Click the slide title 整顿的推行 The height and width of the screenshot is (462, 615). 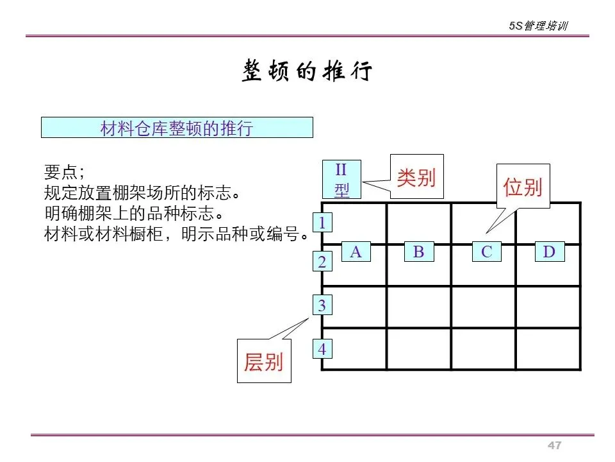point(307,71)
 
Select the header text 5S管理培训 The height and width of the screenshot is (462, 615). point(538,26)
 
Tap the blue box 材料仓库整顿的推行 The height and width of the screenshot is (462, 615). point(177,128)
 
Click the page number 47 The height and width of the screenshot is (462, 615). point(554,446)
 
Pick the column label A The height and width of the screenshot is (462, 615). point(356,252)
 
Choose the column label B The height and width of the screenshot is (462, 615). point(418,252)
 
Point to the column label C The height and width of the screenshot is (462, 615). point(486,252)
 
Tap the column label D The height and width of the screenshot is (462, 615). point(549,252)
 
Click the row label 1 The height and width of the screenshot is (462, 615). point(322,223)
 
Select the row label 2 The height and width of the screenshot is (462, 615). point(322,262)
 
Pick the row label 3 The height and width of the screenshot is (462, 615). point(322,306)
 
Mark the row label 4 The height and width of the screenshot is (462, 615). point(322,350)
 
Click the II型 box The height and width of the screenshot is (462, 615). point(341,179)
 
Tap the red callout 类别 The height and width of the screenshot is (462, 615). point(416,177)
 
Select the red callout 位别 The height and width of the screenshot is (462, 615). point(523,187)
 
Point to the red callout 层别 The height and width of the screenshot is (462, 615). point(263,362)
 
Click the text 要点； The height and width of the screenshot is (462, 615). point(64,172)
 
